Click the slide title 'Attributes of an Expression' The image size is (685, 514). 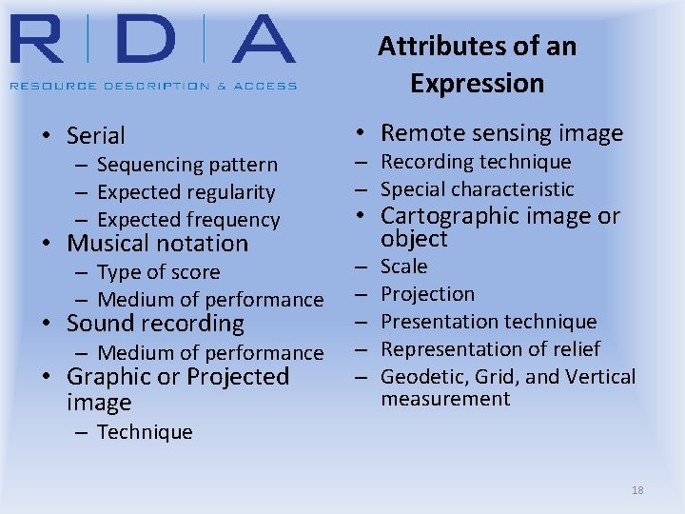tap(477, 64)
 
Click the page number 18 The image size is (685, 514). tap(637, 490)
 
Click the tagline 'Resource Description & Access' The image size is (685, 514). tap(153, 86)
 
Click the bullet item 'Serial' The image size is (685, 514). tap(95, 136)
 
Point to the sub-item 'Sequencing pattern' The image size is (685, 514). tap(186, 166)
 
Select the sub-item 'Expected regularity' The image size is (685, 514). tap(186, 192)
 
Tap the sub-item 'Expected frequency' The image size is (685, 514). tap(187, 220)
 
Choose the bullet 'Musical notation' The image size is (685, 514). tap(157, 244)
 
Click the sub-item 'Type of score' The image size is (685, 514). tap(158, 272)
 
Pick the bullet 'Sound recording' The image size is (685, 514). tap(155, 324)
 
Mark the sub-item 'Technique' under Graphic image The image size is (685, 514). tap(145, 432)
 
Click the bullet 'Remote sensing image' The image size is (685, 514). tap(501, 133)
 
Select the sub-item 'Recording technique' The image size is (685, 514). tap(476, 162)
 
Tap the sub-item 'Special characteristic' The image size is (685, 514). tap(478, 189)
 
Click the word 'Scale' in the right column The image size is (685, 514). tap(404, 267)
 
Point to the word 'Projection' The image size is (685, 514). tap(427, 294)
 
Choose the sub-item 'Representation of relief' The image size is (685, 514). tap(490, 349)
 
